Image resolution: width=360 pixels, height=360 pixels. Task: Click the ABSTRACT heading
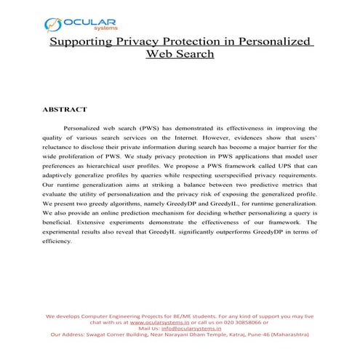coord(65,109)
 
